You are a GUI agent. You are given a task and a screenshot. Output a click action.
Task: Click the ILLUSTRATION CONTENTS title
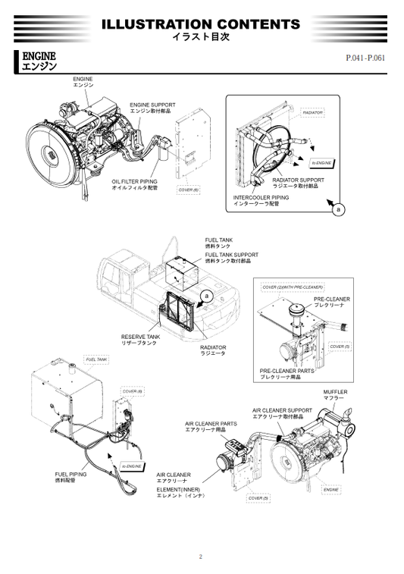201,24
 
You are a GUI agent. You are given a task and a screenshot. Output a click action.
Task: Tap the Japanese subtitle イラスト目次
201,36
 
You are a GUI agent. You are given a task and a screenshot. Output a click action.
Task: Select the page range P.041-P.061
365,58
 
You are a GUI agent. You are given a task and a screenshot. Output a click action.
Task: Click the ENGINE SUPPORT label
152,105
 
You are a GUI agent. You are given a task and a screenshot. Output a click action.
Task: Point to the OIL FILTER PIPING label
134,182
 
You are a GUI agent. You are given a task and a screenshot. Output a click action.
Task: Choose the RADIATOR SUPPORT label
298,180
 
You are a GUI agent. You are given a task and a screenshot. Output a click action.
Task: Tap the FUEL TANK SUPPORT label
231,255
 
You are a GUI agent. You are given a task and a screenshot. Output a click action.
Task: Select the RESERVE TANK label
140,336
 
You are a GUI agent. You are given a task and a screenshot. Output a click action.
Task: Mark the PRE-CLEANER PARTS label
287,371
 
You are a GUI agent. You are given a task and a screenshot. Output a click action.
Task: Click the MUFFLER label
334,392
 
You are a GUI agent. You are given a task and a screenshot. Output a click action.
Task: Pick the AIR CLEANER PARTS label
211,423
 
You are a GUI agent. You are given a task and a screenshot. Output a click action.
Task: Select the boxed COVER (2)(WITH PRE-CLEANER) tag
292,287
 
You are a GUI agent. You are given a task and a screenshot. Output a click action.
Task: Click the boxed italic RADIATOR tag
313,112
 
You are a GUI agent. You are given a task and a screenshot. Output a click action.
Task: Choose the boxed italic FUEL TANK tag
96,359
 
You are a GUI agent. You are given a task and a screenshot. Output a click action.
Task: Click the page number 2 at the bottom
201,557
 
